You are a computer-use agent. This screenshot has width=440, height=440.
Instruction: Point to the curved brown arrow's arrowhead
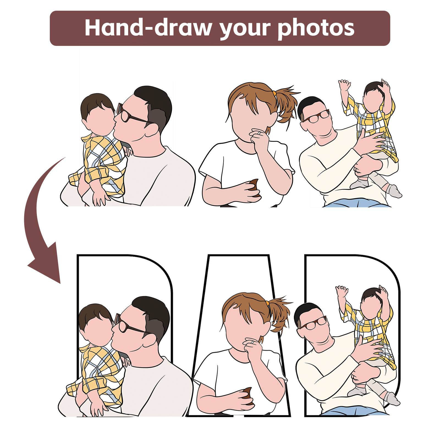click(45, 263)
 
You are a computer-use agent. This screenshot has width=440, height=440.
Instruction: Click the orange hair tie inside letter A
click(267, 304)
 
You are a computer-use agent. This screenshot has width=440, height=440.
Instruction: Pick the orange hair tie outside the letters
click(274, 94)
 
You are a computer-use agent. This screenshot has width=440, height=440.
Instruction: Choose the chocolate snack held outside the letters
click(254, 188)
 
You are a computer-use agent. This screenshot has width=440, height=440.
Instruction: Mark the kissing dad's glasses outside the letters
click(132, 114)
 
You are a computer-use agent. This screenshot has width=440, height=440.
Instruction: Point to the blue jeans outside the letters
click(358, 203)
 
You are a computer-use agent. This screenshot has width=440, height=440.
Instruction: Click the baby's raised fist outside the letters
click(344, 85)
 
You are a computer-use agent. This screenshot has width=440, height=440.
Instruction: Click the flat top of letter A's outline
click(238, 255)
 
